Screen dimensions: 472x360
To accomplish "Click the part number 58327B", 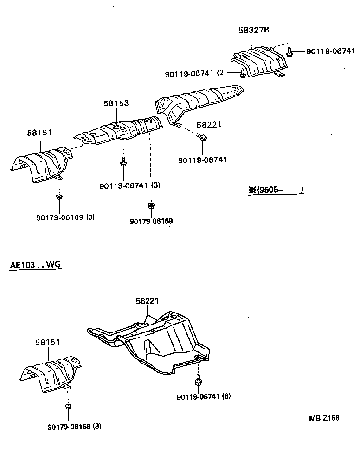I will coord(254,30).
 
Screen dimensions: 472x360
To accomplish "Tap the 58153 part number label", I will coord(116,104).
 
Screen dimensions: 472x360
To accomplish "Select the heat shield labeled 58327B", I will coord(260,61).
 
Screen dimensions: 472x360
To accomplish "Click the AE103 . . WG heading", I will coord(36,266).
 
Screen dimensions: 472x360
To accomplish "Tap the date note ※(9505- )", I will coord(276,190).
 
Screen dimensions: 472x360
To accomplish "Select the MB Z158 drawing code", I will coord(324,418).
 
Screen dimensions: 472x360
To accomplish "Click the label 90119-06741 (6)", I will coord(204,397).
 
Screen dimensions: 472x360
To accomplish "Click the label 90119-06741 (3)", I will coord(129,185).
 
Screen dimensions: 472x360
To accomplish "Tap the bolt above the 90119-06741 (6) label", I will coord(198,381).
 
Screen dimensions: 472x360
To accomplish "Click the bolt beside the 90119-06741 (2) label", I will coord(243,72).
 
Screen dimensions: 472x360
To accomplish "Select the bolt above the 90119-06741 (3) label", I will coord(124,162).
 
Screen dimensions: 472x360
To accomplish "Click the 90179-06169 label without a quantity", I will coord(151,222).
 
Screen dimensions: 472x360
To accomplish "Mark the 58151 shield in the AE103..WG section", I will coord(51,373).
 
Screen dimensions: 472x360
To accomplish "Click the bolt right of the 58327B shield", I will coord(289,52).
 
